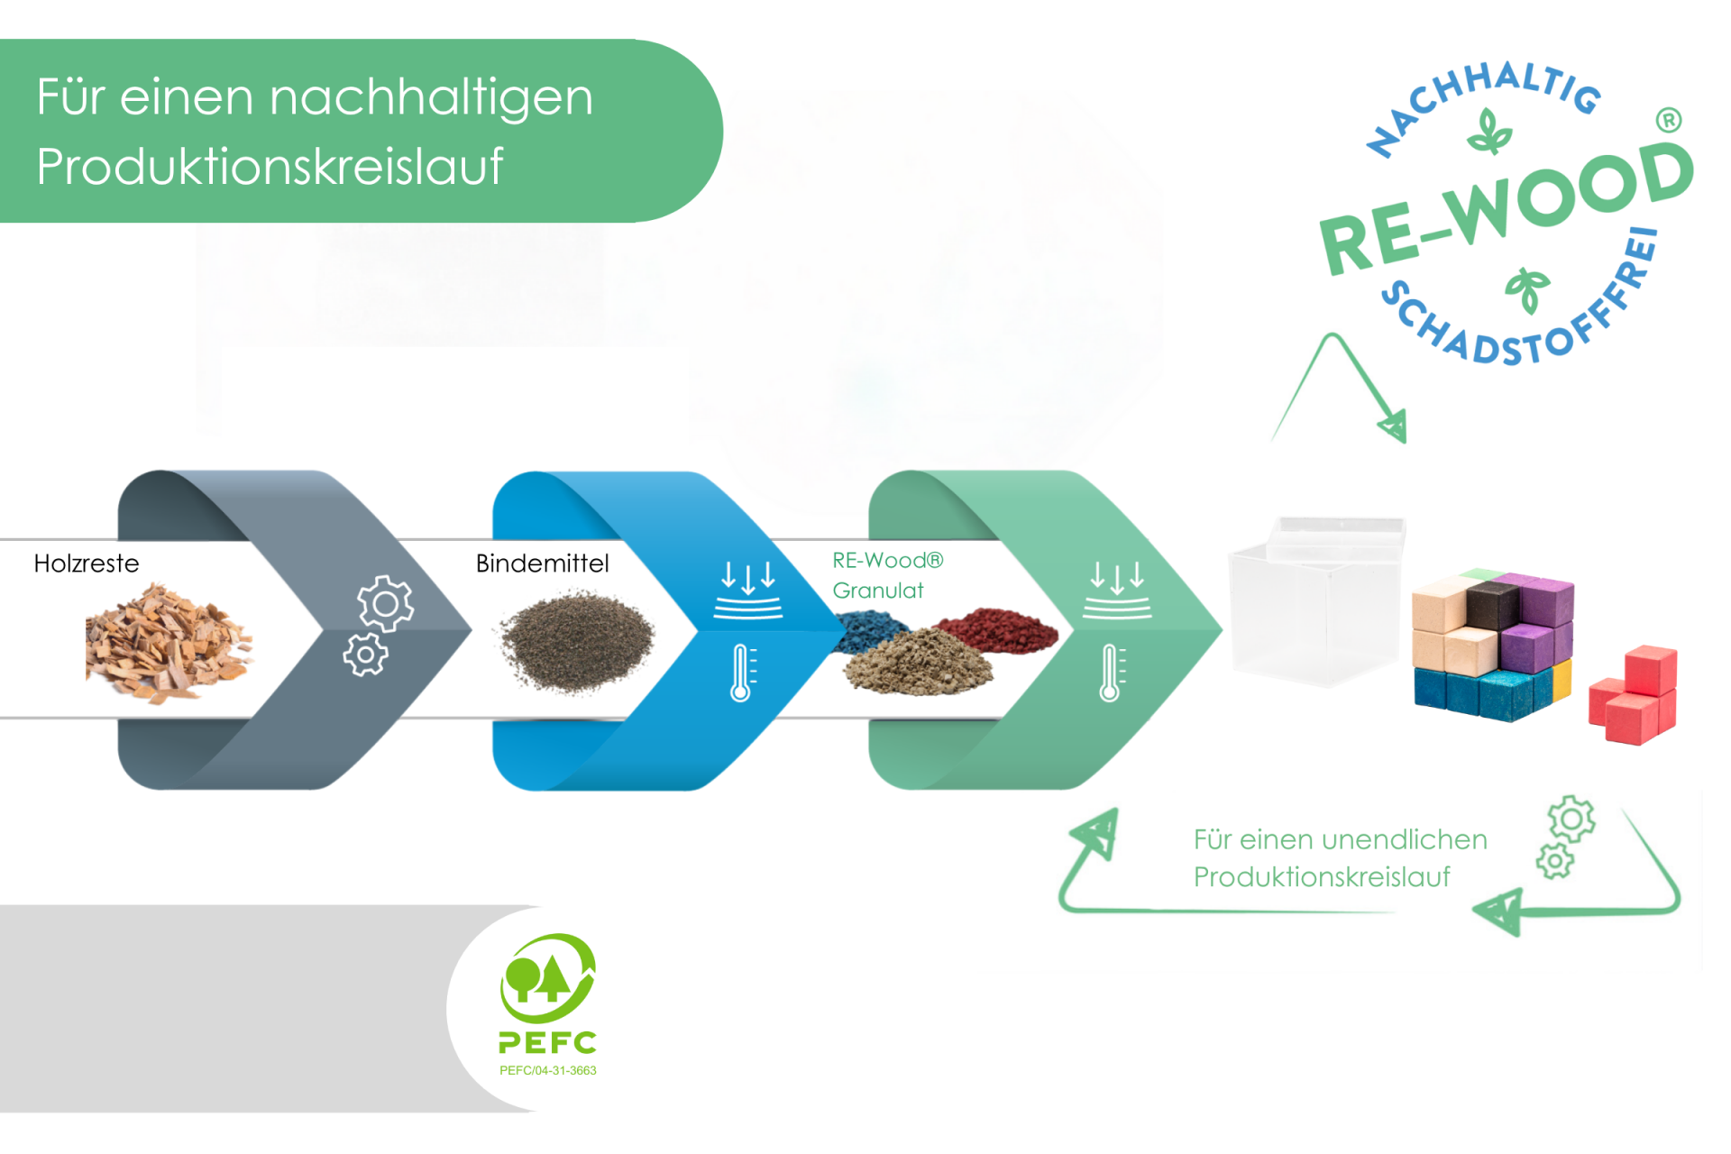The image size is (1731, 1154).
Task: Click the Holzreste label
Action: pos(87,563)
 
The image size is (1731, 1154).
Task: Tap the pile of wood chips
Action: pos(167,642)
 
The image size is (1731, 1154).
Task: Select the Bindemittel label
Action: pos(542,563)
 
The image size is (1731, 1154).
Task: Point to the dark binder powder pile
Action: pos(577,641)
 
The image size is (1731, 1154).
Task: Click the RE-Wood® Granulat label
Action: pos(886,575)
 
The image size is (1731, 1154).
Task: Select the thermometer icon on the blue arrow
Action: pos(742,673)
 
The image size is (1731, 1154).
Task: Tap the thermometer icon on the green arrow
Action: pos(1111,673)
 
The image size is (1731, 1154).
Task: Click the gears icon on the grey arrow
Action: pos(378,625)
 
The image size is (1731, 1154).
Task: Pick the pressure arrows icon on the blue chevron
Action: pos(747,590)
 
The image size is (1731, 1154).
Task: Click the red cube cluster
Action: pos(1634,693)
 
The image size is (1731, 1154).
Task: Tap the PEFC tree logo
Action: pos(547,979)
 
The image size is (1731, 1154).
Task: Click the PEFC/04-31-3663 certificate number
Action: pos(547,1070)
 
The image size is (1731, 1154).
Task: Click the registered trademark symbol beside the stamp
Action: pos(1669,120)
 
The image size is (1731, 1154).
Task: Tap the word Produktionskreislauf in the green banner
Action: pos(270,167)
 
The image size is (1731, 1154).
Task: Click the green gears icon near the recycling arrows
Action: pos(1565,836)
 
